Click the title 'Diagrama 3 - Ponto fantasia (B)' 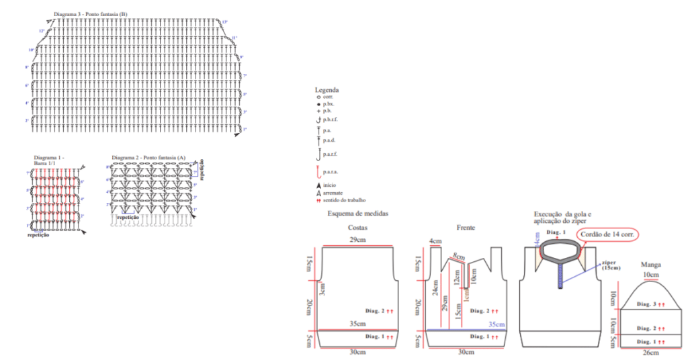[90, 14]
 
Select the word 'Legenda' [327, 89]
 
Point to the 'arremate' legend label [334, 192]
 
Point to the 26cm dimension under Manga [650, 353]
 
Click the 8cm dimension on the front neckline [460, 256]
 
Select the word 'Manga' [650, 265]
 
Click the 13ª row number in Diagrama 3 [224, 22]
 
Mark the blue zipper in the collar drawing [559, 275]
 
